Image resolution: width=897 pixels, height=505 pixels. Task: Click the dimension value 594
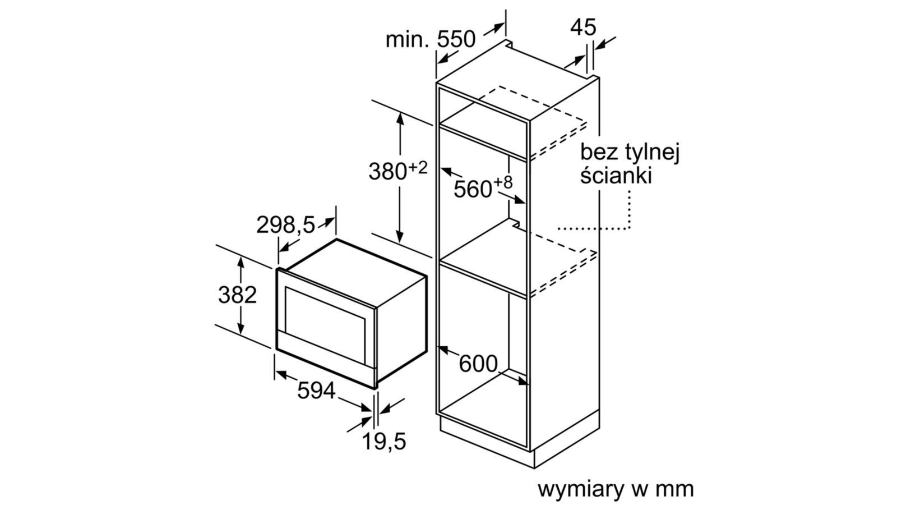[x=316, y=391]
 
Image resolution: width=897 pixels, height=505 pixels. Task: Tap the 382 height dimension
[x=237, y=295]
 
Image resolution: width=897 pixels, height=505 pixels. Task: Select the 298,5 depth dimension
[x=286, y=225]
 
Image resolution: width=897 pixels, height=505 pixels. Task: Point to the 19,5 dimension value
[x=383, y=442]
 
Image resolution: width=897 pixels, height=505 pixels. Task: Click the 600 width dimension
[x=478, y=364]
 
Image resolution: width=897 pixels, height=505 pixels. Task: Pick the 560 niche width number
[x=473, y=190]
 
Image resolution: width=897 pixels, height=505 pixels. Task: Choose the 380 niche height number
[x=387, y=171]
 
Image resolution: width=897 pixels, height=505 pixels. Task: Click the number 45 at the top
[x=584, y=27]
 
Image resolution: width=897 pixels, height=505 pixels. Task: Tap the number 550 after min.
[x=456, y=39]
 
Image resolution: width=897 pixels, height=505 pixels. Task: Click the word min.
[x=408, y=40]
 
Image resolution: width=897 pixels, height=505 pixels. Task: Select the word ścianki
[x=616, y=176]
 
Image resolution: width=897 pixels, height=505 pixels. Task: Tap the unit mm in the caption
[x=675, y=489]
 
